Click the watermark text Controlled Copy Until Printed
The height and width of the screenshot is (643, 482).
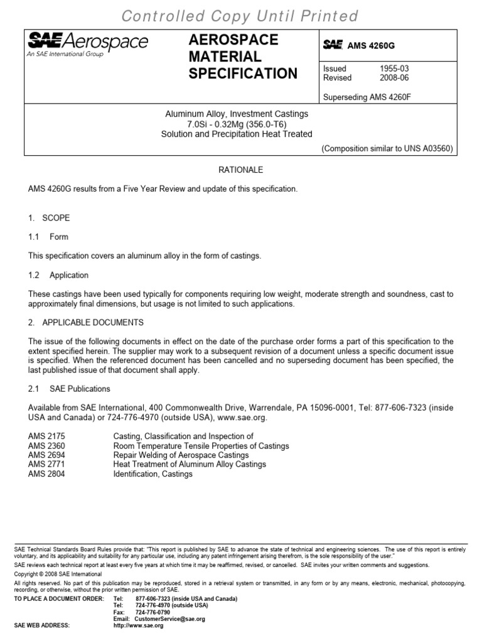coord(240,16)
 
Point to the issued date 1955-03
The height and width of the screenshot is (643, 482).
coord(393,68)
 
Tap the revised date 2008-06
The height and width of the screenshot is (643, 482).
coord(393,78)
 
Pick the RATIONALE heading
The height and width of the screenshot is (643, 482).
coord(240,170)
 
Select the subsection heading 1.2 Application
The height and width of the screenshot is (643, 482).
coord(58,275)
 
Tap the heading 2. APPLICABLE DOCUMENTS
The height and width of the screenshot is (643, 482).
coord(86,322)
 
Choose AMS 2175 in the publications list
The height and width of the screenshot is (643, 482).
coord(46,436)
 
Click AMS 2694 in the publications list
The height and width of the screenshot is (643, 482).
coord(46,455)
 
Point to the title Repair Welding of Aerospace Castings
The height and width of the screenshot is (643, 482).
coord(181,455)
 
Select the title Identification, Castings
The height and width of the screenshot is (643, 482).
coord(153,474)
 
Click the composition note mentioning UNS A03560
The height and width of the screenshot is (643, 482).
coord(386,149)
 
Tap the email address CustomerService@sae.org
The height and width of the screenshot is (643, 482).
coord(169,619)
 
